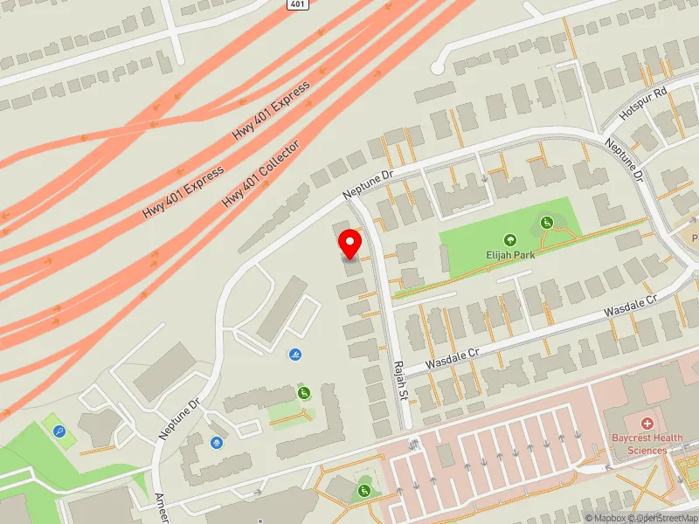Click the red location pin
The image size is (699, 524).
click(350, 244)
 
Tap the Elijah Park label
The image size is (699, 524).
click(511, 254)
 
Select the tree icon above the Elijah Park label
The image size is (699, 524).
click(510, 239)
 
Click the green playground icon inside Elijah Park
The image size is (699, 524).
click(547, 223)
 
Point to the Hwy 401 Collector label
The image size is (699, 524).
click(260, 174)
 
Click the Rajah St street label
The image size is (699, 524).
click(401, 382)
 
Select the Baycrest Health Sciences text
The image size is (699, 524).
click(647, 445)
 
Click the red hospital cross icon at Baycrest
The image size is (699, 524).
click(647, 423)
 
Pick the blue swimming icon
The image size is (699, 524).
click(294, 355)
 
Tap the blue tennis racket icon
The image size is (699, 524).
click(59, 431)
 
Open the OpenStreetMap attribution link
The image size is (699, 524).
click(667, 518)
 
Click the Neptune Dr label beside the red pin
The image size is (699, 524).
click(370, 182)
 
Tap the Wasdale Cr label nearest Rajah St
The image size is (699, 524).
click(453, 358)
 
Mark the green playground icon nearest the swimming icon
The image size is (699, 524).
click(304, 392)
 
